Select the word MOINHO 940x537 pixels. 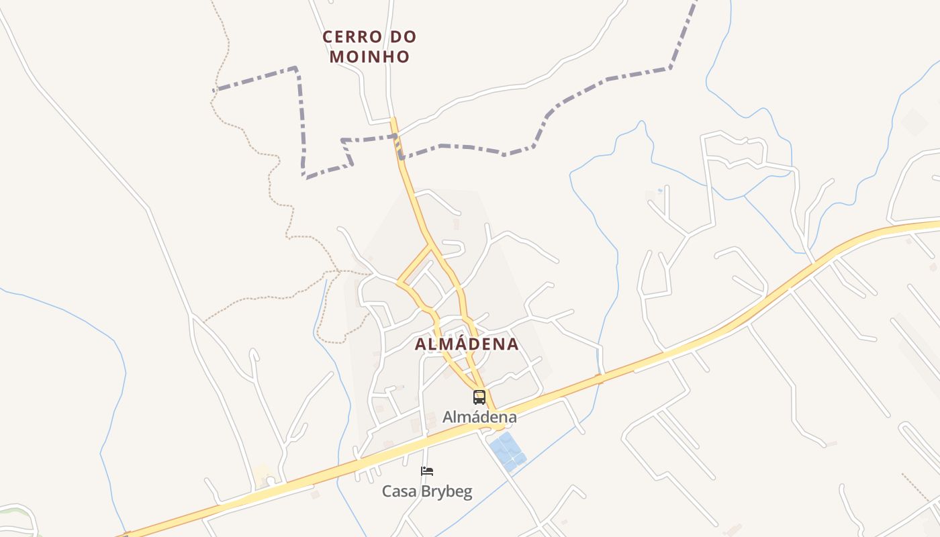click(x=369, y=57)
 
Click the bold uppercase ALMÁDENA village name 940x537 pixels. click(x=467, y=344)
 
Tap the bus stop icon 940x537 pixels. click(x=479, y=397)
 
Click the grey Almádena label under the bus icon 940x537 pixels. click(x=479, y=417)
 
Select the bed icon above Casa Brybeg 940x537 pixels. click(x=427, y=471)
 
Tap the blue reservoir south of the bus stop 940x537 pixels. click(x=507, y=450)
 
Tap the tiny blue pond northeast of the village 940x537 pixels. click(x=659, y=191)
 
